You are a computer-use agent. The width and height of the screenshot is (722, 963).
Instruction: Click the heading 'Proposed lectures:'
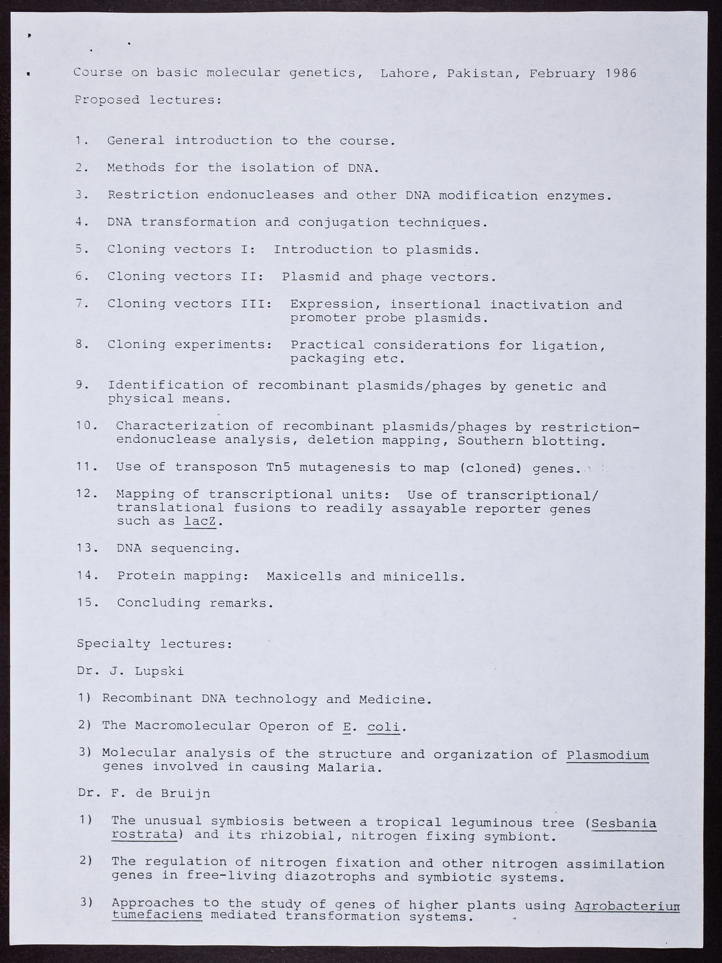click(x=148, y=100)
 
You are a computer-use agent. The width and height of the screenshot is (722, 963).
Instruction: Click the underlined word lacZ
click(x=201, y=521)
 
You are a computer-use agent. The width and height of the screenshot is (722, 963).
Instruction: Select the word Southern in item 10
click(x=491, y=440)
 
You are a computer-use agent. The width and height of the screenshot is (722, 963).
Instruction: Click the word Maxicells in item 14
click(x=304, y=576)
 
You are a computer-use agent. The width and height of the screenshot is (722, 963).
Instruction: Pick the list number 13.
click(x=86, y=548)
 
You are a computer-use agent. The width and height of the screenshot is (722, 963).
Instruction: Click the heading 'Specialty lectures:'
click(x=154, y=644)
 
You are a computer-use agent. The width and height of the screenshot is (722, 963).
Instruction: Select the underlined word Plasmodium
click(x=607, y=754)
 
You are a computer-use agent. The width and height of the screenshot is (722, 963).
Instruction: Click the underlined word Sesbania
click(x=624, y=823)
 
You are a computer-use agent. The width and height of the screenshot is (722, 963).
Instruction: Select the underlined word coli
click(x=384, y=727)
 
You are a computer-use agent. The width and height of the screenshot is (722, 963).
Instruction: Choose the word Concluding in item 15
click(x=158, y=603)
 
